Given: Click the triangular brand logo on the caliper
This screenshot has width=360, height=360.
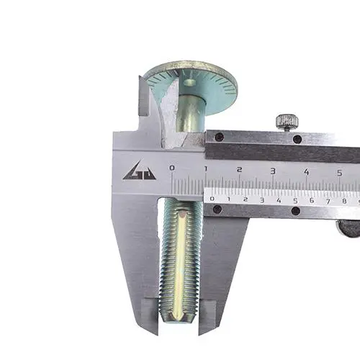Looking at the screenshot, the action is [140, 171].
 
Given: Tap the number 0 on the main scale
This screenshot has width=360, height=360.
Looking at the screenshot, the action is [172, 168].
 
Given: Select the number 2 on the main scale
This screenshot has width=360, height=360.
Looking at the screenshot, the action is [239, 170].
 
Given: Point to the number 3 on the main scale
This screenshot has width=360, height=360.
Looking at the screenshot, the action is [273, 171].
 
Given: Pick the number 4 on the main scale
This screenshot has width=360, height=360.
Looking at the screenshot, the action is [306, 172].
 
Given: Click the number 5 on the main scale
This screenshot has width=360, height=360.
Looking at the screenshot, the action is [339, 173].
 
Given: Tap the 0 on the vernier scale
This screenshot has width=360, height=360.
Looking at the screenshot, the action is [212, 199].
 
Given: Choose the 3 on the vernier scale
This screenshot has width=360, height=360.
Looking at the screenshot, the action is [262, 200].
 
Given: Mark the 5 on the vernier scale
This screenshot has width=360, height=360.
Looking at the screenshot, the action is [295, 201].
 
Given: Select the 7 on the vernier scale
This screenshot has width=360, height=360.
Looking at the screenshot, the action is [328, 202].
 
